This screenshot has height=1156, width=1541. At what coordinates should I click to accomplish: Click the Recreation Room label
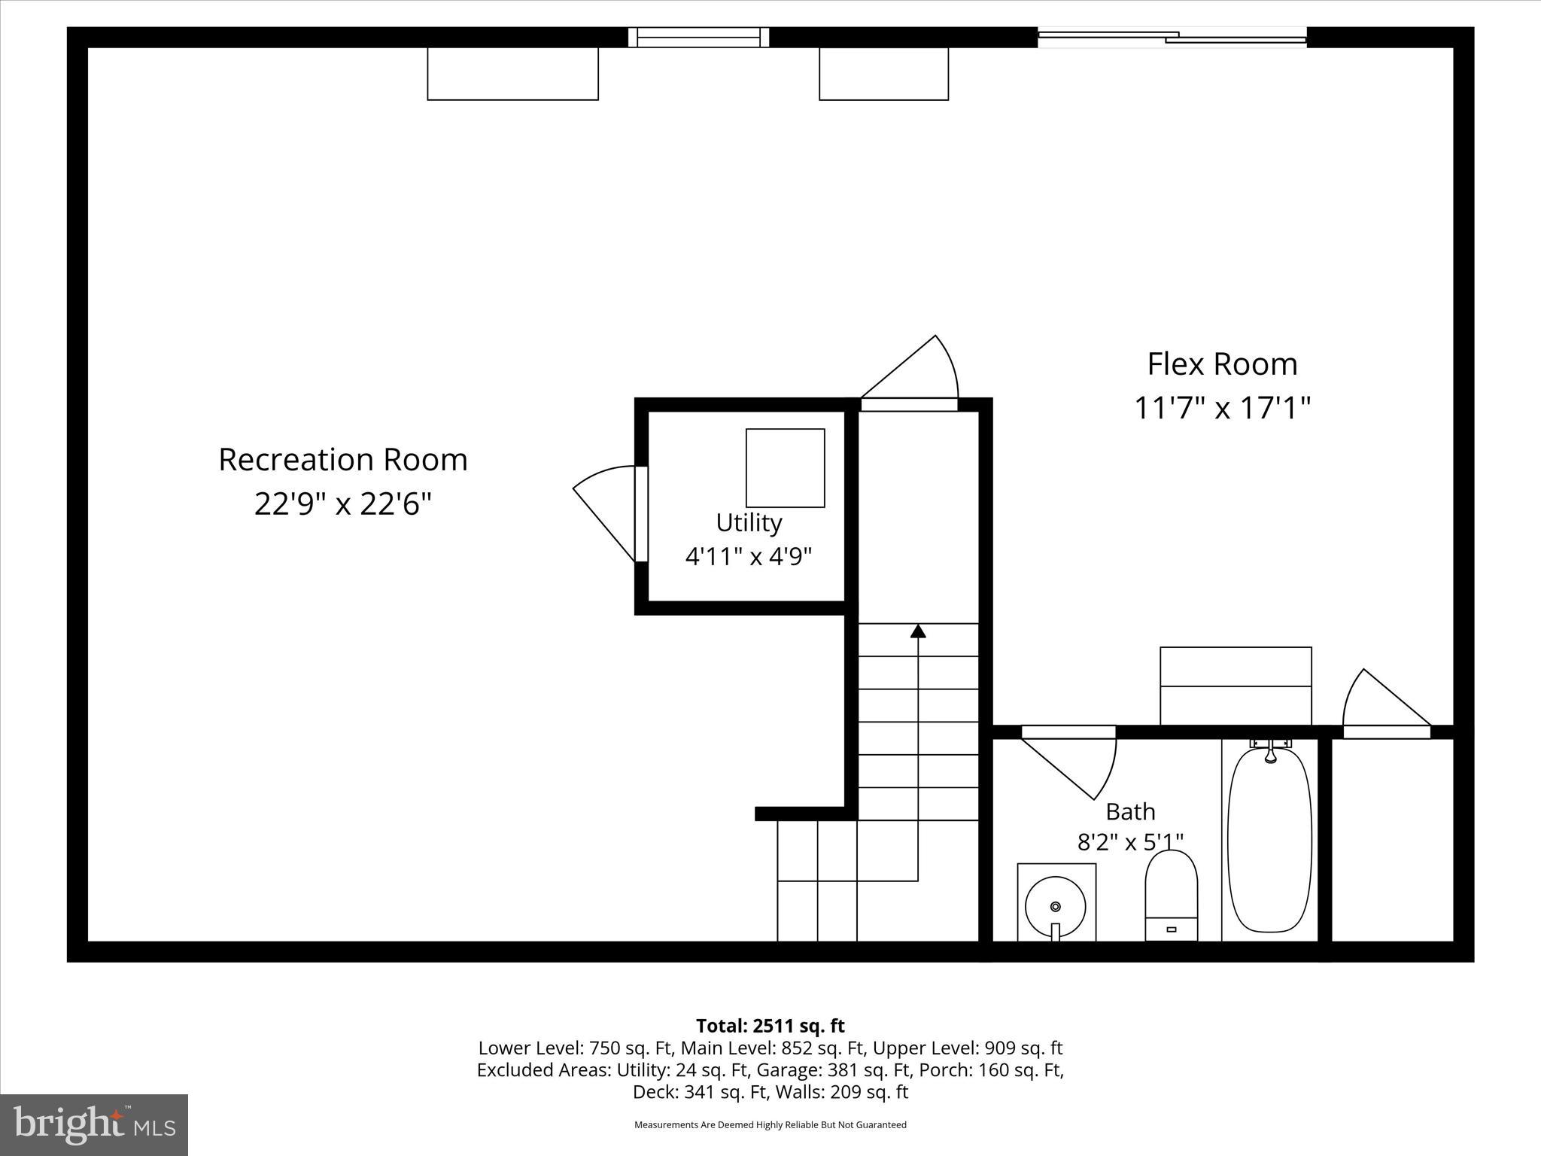343,460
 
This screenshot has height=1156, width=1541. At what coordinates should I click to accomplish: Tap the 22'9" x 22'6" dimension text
343,504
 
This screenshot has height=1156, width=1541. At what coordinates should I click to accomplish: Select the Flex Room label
1222,364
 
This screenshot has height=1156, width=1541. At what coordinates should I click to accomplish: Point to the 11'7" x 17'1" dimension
1222,409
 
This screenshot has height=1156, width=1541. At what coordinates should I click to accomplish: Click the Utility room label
749,522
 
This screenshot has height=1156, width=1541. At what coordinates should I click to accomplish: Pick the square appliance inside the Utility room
785,468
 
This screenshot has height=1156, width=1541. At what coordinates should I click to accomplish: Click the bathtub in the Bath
1269,840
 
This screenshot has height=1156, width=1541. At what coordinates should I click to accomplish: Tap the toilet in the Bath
1171,896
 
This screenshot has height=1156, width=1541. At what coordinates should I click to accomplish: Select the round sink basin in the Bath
1056,906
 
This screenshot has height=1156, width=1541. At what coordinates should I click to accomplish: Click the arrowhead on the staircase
917,631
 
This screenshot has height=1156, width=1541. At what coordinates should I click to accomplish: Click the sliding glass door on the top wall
1172,37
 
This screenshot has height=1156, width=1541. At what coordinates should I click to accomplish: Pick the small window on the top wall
699,37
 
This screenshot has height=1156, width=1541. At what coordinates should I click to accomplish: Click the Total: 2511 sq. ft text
770,1026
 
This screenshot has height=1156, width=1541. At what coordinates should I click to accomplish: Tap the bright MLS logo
94,1124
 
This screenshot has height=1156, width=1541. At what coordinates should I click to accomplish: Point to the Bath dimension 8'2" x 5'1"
1130,841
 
